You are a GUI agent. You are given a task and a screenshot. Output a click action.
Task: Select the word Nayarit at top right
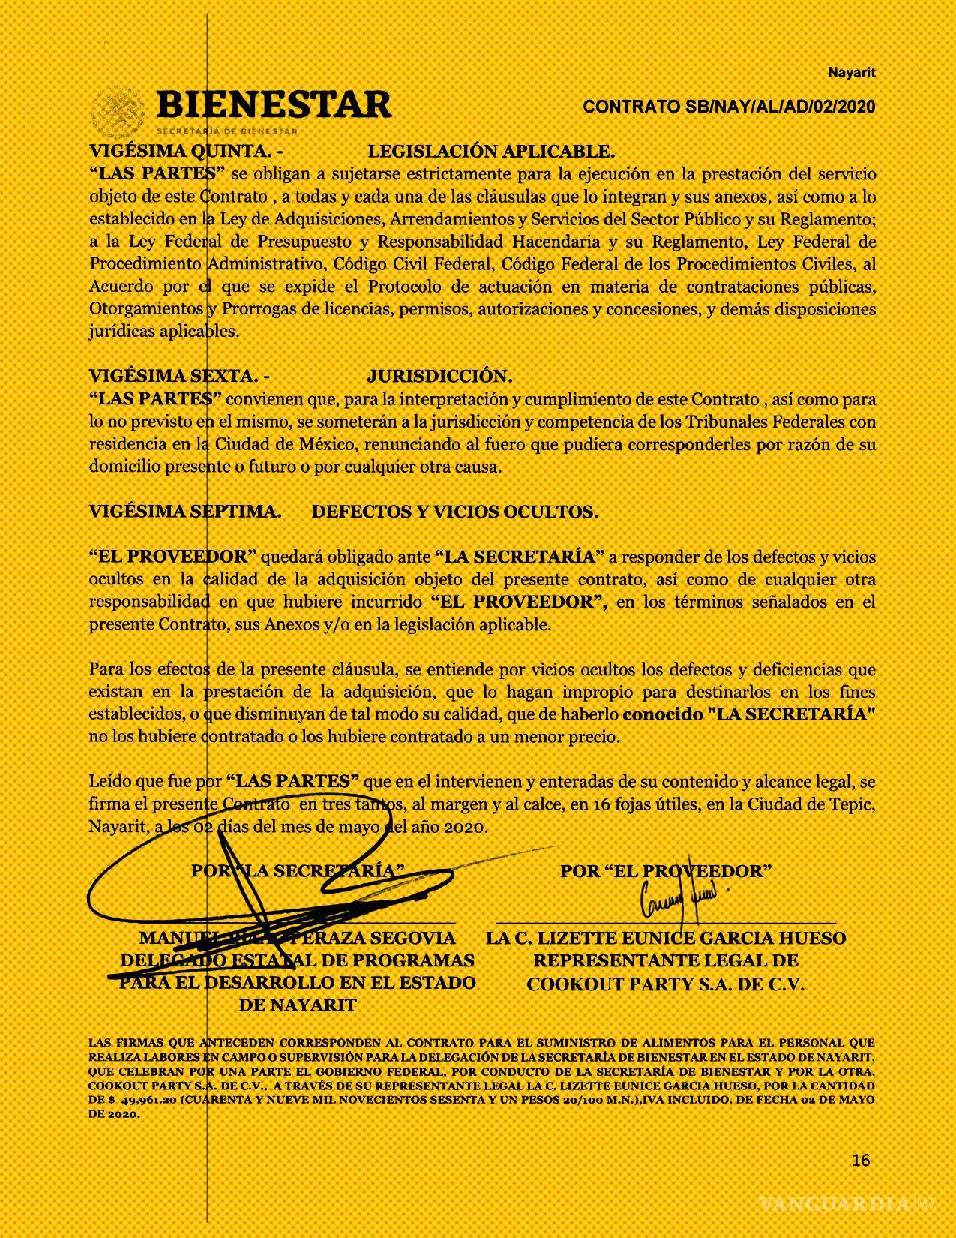pos(851,73)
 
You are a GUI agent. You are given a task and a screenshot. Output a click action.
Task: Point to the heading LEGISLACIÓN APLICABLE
pos(491,152)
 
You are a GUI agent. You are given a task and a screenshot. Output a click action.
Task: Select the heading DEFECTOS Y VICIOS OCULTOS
pos(454,512)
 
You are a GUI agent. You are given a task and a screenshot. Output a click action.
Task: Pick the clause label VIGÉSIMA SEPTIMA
pos(185,512)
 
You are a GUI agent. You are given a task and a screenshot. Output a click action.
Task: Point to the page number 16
pos(861,1160)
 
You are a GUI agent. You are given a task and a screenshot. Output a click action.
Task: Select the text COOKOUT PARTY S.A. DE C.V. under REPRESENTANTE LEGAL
pos(665,984)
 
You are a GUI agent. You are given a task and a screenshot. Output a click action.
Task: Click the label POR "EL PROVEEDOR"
pos(666,871)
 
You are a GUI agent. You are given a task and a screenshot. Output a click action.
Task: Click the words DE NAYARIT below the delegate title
pos(297,1005)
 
